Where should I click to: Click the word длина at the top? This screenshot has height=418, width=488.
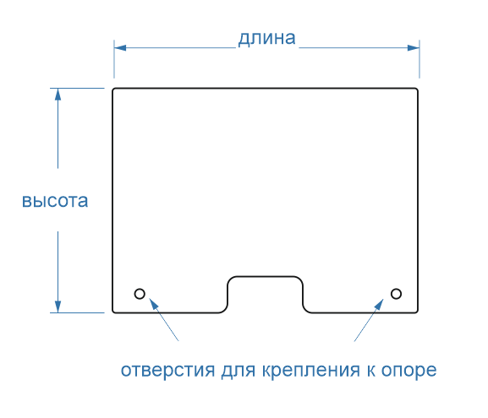[266, 39]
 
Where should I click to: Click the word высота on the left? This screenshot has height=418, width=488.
[55, 201]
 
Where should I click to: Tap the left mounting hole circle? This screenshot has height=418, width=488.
[140, 294]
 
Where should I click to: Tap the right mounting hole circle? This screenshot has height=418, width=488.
[396, 294]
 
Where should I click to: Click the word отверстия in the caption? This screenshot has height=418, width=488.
[167, 370]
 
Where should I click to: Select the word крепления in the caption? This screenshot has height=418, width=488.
[311, 370]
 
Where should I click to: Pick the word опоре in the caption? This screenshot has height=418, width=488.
[409, 370]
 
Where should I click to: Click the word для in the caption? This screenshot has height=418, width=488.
[239, 370]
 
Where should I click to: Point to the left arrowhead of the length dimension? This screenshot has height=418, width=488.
[120, 48]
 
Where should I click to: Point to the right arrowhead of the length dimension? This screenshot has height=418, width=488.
[414, 48]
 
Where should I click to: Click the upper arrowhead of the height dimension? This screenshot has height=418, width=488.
[58, 95]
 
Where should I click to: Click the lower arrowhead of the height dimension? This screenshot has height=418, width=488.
[58, 307]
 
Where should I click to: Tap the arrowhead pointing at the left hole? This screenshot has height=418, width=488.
[154, 303]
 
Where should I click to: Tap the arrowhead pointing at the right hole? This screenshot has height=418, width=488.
[379, 304]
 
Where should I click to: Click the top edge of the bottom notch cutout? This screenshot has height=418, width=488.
[266, 276]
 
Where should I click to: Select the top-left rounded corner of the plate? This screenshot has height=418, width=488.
[113, 90]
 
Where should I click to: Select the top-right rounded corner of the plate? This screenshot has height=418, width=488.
[417, 90]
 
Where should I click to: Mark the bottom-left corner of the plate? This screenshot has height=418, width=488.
[113, 312]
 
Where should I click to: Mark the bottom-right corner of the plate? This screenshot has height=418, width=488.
[417, 312]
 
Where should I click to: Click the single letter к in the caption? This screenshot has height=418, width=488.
[370, 371]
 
